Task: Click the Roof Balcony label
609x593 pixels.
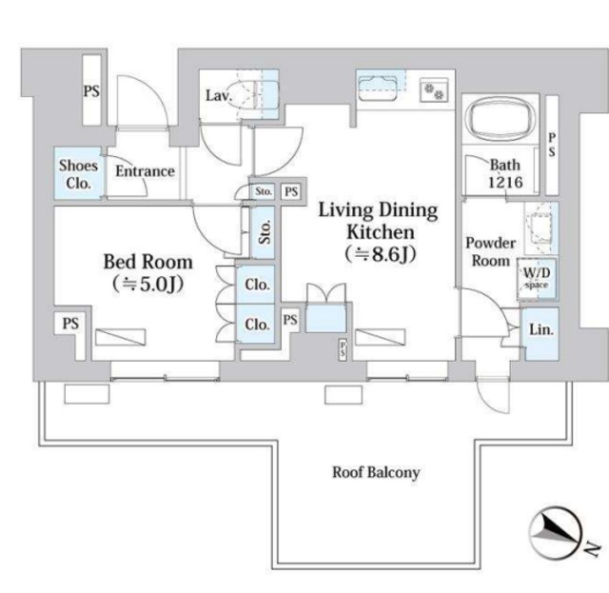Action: [x=376, y=472]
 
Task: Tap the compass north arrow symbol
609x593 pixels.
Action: [x=556, y=533]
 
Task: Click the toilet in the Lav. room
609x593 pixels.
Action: [x=256, y=95]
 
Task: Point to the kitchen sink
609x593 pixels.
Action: [x=377, y=87]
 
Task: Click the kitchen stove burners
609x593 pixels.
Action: [x=434, y=91]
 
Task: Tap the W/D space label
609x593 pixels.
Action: [x=537, y=277]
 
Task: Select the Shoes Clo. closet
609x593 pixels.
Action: [x=78, y=173]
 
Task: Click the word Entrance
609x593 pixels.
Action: [x=145, y=171]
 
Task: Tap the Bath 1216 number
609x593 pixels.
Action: [x=505, y=182]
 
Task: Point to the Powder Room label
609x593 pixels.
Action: [x=491, y=252]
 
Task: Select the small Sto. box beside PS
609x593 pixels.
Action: [x=264, y=191]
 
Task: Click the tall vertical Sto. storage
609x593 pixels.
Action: [x=263, y=232]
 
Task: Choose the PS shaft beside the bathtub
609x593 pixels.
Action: [x=552, y=146]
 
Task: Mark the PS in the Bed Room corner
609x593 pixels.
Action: [x=70, y=324]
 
